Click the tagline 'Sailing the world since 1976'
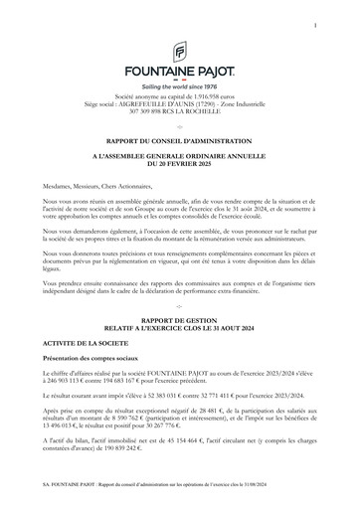(x=180, y=86)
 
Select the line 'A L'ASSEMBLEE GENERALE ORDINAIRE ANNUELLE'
(x=180, y=159)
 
